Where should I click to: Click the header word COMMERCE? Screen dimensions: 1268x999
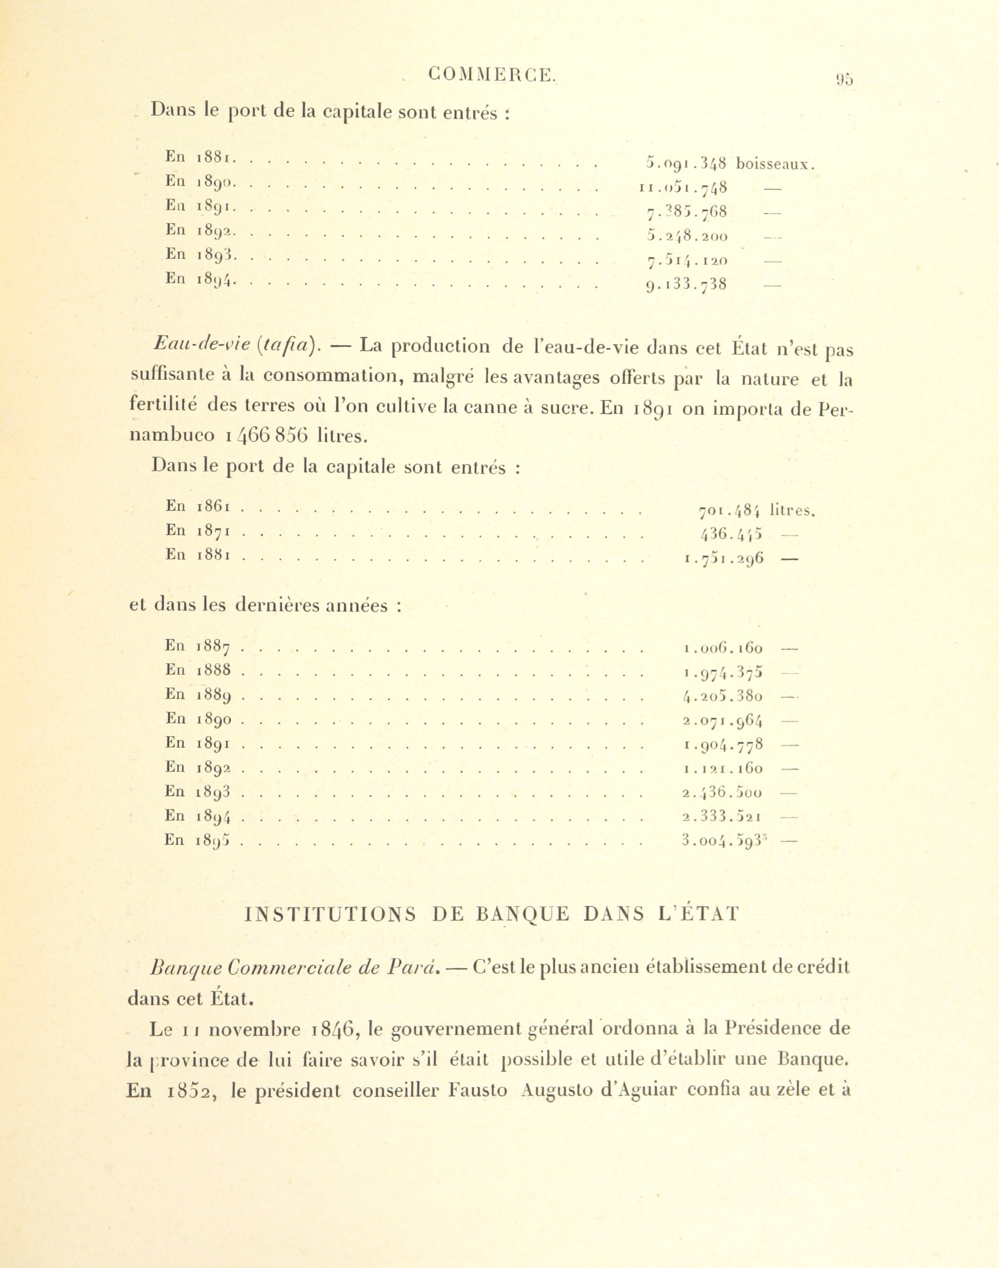(x=491, y=75)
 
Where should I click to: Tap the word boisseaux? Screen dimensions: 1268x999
(x=775, y=164)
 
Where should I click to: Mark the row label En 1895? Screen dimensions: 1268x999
(x=197, y=841)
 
